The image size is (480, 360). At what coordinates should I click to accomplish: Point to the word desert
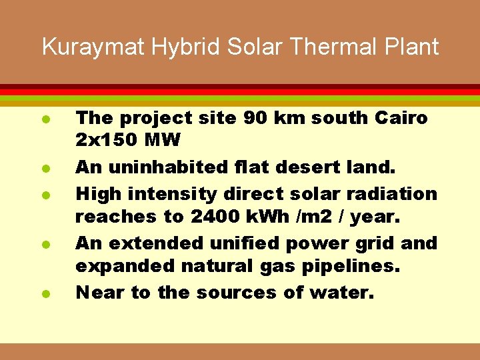[x=313, y=168]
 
